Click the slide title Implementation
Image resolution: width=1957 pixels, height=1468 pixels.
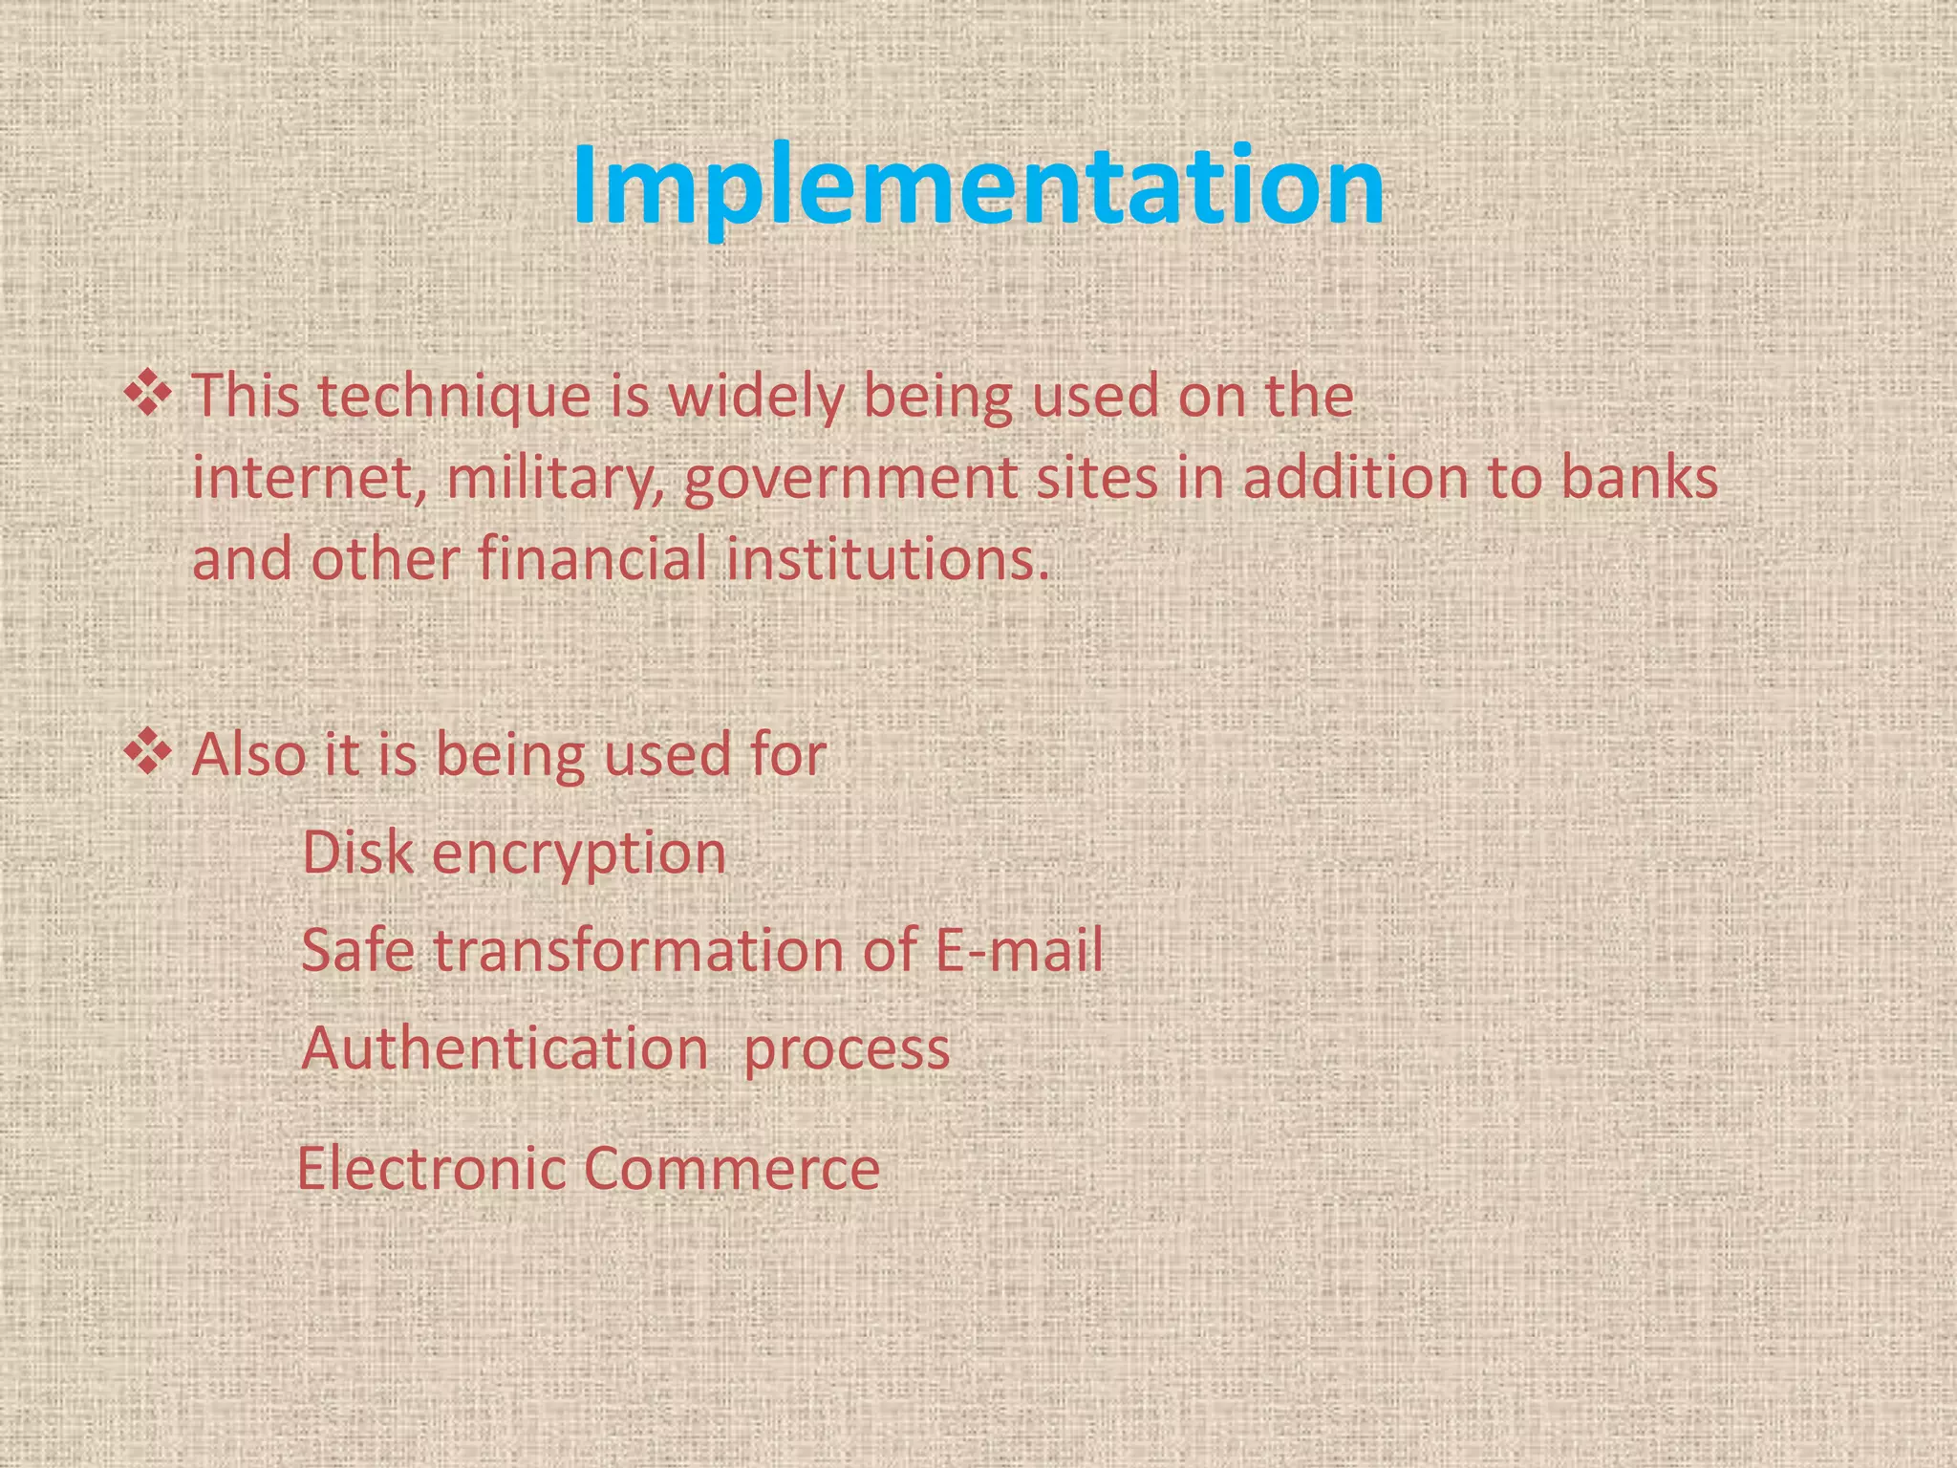point(978,185)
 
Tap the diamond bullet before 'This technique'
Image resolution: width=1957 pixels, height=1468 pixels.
point(148,396)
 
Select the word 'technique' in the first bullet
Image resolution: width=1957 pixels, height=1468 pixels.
point(455,396)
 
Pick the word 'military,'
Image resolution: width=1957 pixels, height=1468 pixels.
point(558,478)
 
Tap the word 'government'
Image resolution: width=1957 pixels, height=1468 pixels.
point(850,478)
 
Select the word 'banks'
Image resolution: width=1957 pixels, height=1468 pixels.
point(1640,478)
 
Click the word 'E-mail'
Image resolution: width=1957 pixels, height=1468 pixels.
point(1019,950)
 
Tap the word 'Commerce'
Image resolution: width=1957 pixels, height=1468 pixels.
point(731,1168)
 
